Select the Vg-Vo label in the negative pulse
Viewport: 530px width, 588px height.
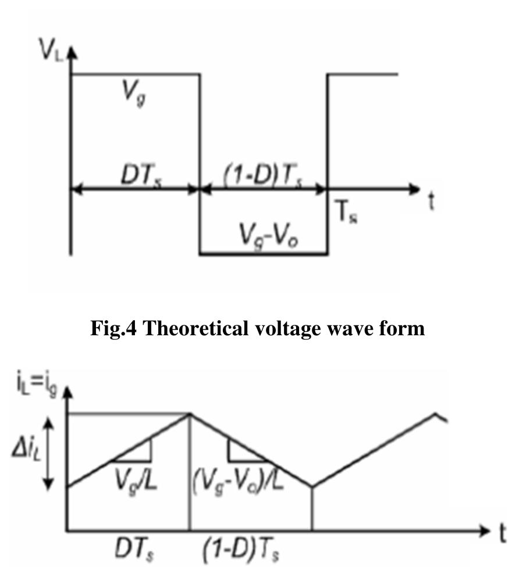tap(269, 237)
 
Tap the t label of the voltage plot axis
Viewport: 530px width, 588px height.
tap(432, 201)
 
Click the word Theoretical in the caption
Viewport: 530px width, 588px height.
tap(195, 328)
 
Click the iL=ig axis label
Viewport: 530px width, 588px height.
tap(37, 385)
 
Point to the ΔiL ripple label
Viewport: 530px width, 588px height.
tap(27, 449)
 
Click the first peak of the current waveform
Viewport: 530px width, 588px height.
tap(190, 414)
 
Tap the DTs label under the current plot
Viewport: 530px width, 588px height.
tap(134, 550)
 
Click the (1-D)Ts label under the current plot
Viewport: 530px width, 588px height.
tap(241, 550)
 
